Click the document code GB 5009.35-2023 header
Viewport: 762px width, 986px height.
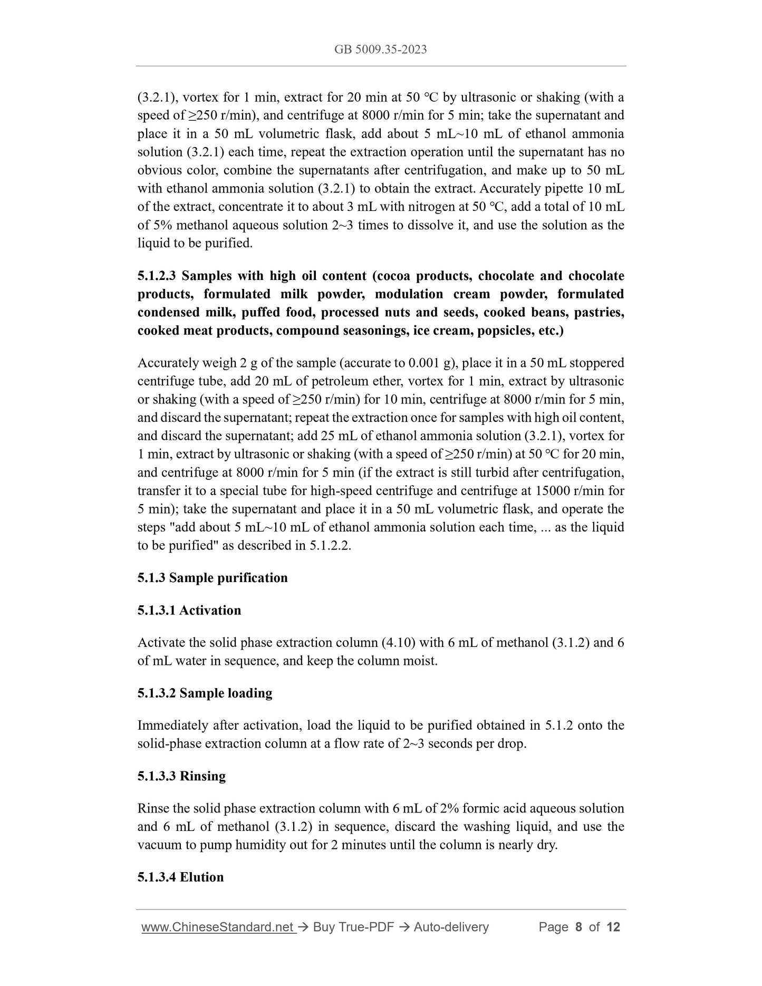click(380, 50)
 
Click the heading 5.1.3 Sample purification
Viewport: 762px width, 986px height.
click(213, 578)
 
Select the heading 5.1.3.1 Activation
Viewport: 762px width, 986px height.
click(189, 610)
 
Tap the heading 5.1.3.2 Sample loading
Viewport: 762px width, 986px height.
click(205, 693)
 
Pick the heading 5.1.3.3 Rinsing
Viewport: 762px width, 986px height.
click(181, 776)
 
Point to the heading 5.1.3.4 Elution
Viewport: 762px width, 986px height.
click(180, 877)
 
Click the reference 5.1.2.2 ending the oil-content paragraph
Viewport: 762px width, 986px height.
click(329, 545)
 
